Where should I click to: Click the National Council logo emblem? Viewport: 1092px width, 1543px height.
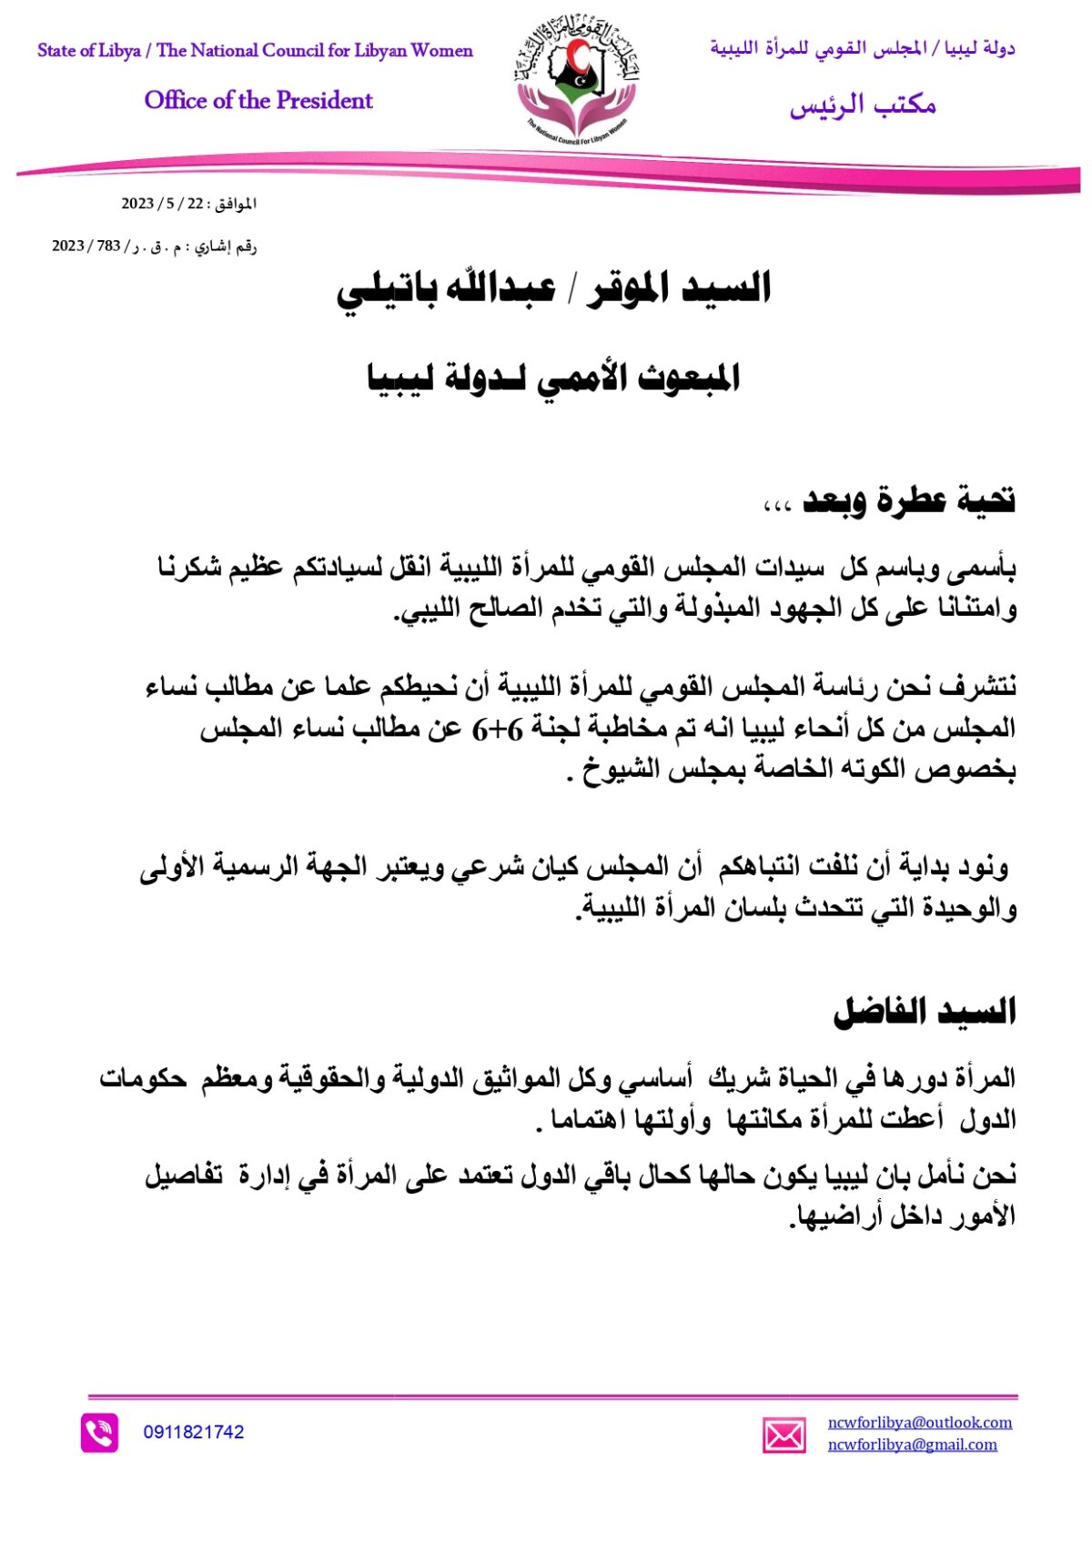[x=575, y=82]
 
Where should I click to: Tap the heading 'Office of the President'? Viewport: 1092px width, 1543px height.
[x=258, y=100]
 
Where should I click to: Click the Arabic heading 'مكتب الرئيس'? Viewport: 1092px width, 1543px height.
[x=863, y=106]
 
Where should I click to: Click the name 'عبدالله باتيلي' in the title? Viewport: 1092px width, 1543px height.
[x=447, y=289]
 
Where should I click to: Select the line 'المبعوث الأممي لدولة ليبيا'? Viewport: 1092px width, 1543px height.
[x=553, y=378]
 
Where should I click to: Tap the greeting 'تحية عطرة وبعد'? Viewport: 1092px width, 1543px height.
[x=908, y=500]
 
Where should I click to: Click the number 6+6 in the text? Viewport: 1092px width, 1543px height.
[x=497, y=729]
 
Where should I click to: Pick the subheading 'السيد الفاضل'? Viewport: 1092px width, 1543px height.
[x=925, y=1012]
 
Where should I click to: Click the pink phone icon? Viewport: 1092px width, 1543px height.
[x=99, y=1433]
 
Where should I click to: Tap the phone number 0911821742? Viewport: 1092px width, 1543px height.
[x=194, y=1432]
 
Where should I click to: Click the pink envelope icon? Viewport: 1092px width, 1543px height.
[x=784, y=1435]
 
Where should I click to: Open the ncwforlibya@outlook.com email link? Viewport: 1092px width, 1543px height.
[x=919, y=1422]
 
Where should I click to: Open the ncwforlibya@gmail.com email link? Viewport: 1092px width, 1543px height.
[x=912, y=1444]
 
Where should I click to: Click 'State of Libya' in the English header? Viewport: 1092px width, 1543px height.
[x=88, y=51]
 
